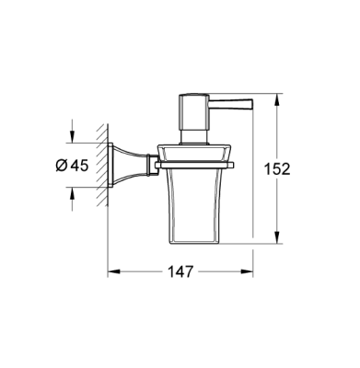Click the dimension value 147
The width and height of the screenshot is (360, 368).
click(x=181, y=272)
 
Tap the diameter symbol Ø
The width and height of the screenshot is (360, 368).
click(x=60, y=167)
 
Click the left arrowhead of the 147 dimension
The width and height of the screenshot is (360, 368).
click(x=114, y=272)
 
